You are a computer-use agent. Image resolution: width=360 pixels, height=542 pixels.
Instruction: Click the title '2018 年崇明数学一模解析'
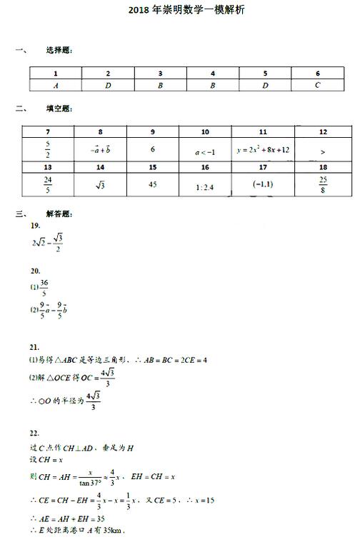(179, 11)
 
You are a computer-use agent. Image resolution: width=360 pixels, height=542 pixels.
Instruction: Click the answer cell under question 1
(56, 85)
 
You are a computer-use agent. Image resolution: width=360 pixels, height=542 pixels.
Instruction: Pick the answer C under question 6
(318, 85)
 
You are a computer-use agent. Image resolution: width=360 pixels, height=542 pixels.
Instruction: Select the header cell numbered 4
(213, 74)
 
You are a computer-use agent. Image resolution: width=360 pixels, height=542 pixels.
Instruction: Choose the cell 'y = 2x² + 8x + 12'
(262, 150)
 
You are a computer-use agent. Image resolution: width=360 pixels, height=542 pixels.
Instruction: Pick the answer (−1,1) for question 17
(262, 185)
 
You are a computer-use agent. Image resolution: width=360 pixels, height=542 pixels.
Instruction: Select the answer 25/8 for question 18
(323, 184)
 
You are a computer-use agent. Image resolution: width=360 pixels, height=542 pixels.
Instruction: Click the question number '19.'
(35, 226)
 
